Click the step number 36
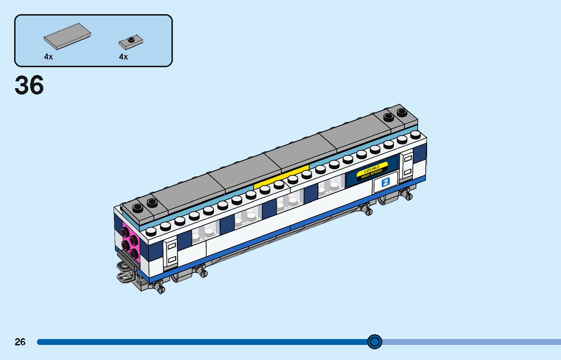29,86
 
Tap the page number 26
20,342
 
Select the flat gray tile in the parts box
67,36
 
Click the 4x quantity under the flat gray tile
48,57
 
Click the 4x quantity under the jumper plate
123,57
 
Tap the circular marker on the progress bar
374,342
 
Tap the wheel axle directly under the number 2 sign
365,210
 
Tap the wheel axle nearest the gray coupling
159,287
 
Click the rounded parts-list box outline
93,15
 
